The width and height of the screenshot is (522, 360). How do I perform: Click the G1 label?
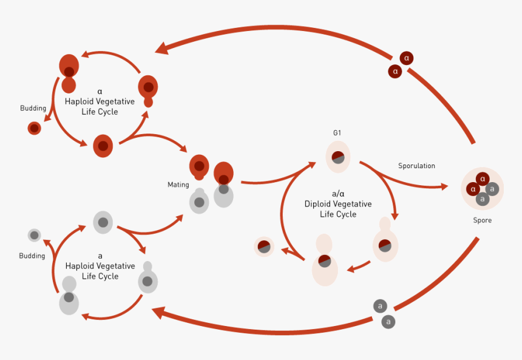point(337,132)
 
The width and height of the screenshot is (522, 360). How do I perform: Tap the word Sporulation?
point(416,166)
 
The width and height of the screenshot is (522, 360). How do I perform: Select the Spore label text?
point(483,220)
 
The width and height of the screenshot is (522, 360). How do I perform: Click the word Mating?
point(178,185)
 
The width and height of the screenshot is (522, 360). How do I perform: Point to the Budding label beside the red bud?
point(33,108)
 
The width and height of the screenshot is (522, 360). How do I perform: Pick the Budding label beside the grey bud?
point(32,256)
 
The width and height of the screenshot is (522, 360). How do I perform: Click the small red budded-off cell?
point(35,128)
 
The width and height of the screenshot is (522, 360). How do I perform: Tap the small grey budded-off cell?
point(35,235)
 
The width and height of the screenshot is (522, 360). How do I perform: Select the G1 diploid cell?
point(338,157)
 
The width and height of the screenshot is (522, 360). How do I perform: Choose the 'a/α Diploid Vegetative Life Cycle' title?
point(338,204)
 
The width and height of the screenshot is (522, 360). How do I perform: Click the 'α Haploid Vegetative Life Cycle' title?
point(100,101)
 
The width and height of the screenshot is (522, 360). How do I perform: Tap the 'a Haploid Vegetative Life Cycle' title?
point(100,266)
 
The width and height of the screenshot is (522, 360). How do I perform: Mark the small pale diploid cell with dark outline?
point(264,246)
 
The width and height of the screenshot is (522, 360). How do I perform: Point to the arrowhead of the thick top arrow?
point(161,48)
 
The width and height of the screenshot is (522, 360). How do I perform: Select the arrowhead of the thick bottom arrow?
point(158,313)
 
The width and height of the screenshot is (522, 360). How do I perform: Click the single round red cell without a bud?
point(103,146)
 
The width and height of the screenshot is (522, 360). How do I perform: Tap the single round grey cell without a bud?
point(103,222)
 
